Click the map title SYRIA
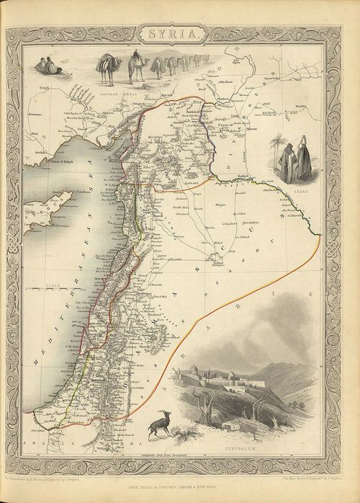[x=180, y=32]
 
